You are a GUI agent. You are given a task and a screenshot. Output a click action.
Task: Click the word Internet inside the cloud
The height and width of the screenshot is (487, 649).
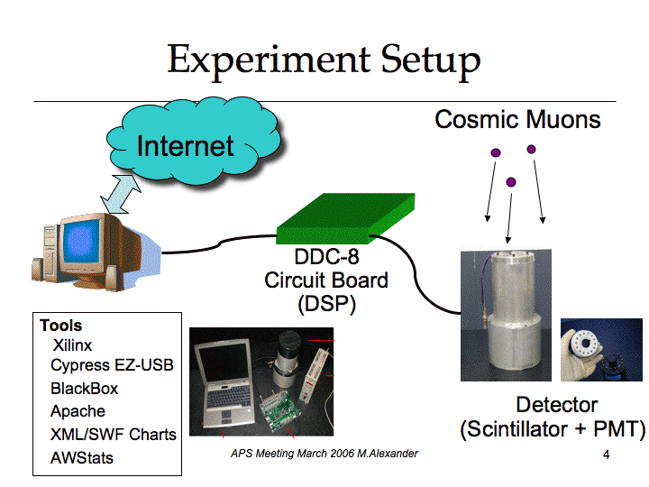tap(186, 146)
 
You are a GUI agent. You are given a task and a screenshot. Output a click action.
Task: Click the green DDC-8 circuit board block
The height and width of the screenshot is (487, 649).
tap(345, 218)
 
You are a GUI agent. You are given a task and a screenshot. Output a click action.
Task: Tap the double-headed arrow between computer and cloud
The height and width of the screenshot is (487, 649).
tap(121, 194)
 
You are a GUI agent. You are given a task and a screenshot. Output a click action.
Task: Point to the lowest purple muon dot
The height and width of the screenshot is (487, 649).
tap(511, 182)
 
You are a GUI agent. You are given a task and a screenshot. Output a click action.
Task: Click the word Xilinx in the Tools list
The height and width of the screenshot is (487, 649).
tap(72, 345)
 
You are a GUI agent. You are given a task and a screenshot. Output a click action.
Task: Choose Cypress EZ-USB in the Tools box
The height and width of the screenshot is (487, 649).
tap(112, 365)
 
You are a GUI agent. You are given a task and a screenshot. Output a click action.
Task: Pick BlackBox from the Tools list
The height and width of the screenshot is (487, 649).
tap(84, 389)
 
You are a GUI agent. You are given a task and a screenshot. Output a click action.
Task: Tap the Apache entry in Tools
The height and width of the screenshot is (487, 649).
tap(78, 411)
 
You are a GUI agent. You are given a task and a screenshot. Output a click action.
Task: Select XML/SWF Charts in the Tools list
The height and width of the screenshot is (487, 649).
tap(113, 435)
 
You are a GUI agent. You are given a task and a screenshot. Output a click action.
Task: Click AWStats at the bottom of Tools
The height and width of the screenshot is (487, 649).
tap(82, 458)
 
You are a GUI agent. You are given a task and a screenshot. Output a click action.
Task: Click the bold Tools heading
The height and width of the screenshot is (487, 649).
tap(61, 326)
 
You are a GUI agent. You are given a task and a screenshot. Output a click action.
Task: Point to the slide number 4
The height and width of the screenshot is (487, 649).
tap(606, 455)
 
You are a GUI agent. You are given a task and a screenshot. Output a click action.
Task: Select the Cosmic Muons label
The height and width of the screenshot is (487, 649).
tap(517, 120)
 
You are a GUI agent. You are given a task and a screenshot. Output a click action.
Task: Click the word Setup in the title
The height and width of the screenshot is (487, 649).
tap(431, 60)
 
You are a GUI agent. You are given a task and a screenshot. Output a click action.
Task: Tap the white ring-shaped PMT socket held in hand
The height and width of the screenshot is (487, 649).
tap(584, 345)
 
